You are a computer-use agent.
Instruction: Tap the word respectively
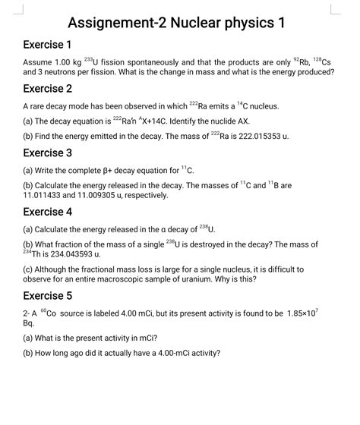(x=145, y=195)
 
